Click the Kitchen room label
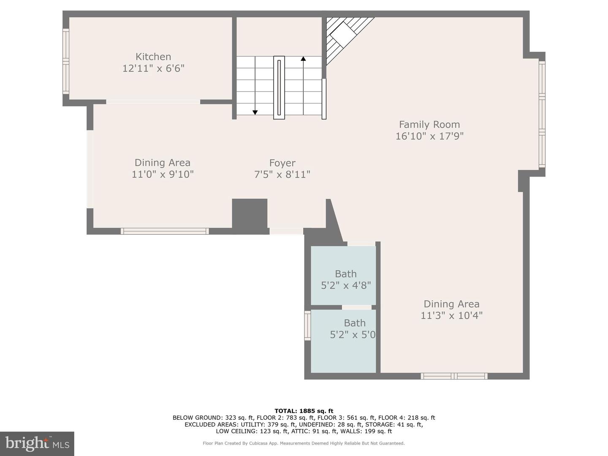pyautogui.click(x=153, y=57)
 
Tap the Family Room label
pyautogui.click(x=429, y=125)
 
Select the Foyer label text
pyautogui.click(x=282, y=163)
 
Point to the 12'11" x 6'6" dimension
pyautogui.click(x=153, y=68)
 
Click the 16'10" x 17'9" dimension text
pyautogui.click(x=429, y=136)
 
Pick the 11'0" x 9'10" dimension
pyautogui.click(x=163, y=174)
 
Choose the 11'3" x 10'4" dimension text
pyautogui.click(x=451, y=316)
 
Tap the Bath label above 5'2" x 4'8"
pyautogui.click(x=346, y=274)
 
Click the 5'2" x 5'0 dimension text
pyautogui.click(x=353, y=335)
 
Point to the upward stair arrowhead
pyautogui.click(x=303, y=59)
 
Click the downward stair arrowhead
pyautogui.click(x=255, y=112)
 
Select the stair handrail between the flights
pyautogui.click(x=279, y=88)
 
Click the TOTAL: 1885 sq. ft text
pyautogui.click(x=304, y=411)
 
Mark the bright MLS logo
pyautogui.click(x=37, y=443)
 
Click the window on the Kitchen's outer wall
pyautogui.click(x=65, y=62)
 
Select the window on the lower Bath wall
pyautogui.click(x=307, y=325)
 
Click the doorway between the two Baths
pyautogui.click(x=356, y=307)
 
